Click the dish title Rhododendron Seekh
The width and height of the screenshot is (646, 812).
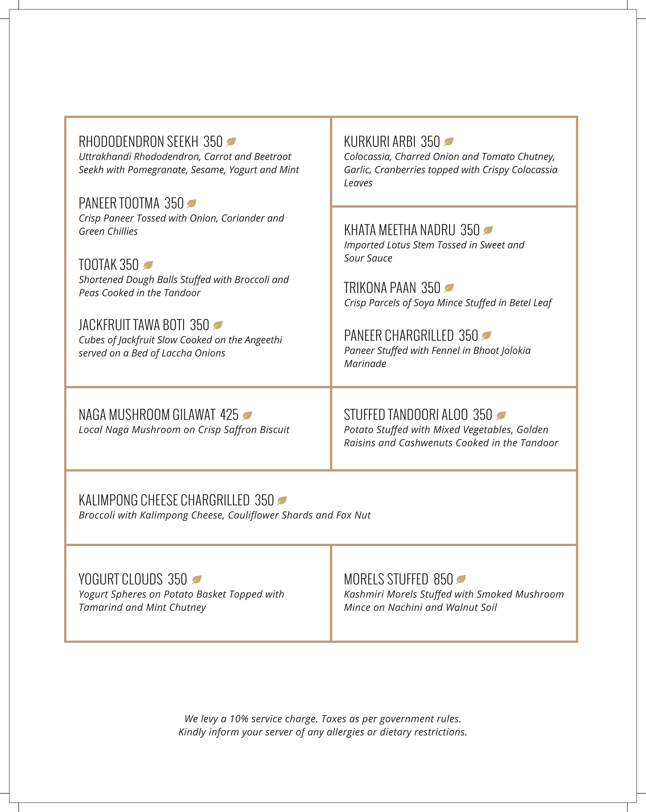138,142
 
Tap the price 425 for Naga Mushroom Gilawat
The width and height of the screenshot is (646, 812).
229,415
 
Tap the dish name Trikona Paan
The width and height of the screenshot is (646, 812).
380,288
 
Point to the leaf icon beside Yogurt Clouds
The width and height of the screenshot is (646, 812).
197,580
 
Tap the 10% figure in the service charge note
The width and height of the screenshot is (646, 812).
239,719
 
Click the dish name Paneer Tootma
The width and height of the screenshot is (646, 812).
119,203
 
